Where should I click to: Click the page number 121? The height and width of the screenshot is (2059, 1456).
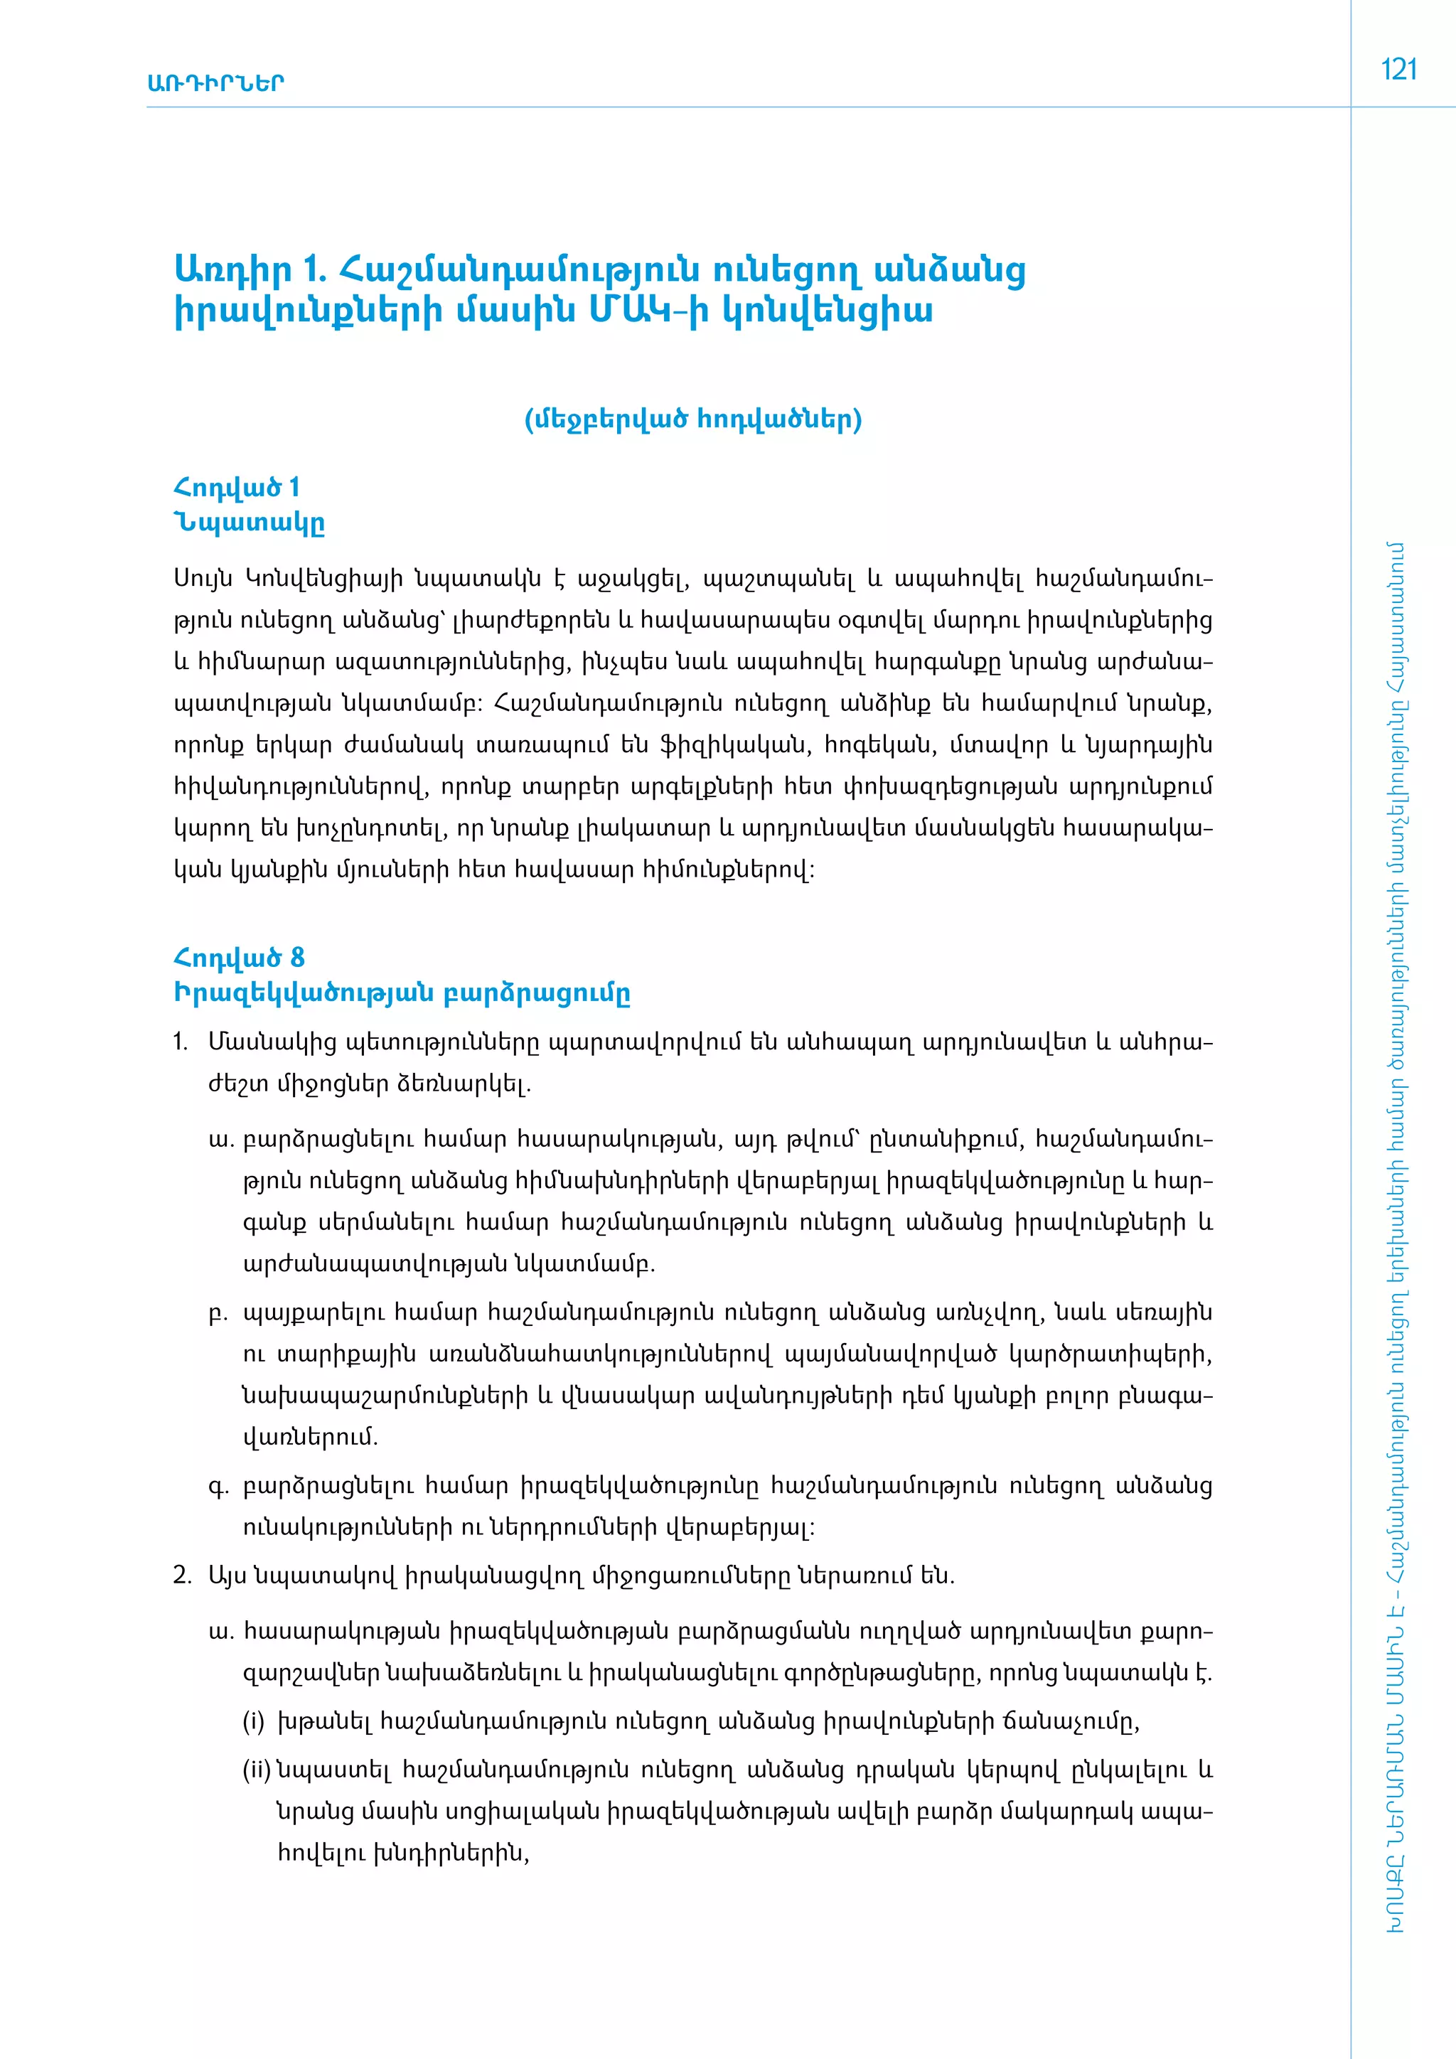click(1398, 70)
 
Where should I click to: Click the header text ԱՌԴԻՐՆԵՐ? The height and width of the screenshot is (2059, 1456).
click(215, 83)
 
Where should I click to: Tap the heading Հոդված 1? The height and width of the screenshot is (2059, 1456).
click(237, 488)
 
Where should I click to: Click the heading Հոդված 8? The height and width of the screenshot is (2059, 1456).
click(238, 958)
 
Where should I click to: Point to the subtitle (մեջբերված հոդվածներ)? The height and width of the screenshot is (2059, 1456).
click(693, 419)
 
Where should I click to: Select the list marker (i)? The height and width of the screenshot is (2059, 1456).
click(254, 1722)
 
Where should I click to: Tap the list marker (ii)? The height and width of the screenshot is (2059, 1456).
click(257, 1770)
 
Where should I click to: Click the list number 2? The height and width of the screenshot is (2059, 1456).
click(182, 1576)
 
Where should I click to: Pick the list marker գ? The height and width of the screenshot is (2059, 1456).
click(218, 1486)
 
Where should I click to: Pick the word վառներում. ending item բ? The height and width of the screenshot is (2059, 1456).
click(310, 1438)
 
